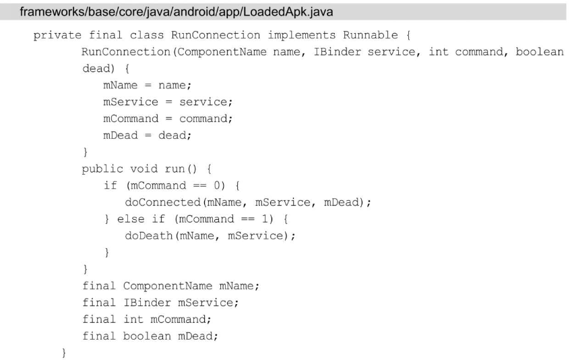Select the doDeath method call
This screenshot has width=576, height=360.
click(149, 234)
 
